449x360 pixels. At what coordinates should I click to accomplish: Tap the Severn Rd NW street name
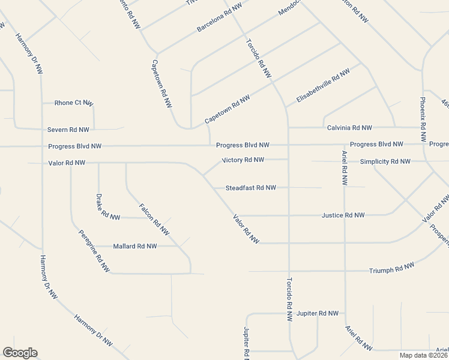click(x=68, y=130)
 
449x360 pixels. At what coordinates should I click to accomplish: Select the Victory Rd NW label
click(x=243, y=160)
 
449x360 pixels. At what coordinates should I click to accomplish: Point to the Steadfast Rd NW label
click(x=250, y=188)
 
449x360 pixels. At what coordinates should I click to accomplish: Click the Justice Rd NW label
click(x=343, y=215)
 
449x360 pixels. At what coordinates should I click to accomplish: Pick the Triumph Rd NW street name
click(x=391, y=268)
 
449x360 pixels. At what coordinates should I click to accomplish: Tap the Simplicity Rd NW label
click(x=385, y=162)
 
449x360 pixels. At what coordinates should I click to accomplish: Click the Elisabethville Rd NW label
click(x=322, y=86)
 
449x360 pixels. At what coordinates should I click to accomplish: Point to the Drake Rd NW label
click(x=107, y=206)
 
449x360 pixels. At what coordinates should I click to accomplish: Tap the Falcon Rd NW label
click(x=154, y=219)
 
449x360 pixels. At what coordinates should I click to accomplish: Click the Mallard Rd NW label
click(x=134, y=246)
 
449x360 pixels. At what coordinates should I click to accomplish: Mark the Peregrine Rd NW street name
click(x=94, y=250)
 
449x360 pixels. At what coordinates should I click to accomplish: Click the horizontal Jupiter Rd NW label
click(x=318, y=313)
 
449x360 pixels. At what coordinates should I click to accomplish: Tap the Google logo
click(x=20, y=353)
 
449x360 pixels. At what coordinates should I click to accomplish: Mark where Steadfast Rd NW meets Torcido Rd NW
click(x=288, y=188)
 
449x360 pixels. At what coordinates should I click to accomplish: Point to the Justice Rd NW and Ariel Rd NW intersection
click(x=345, y=215)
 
